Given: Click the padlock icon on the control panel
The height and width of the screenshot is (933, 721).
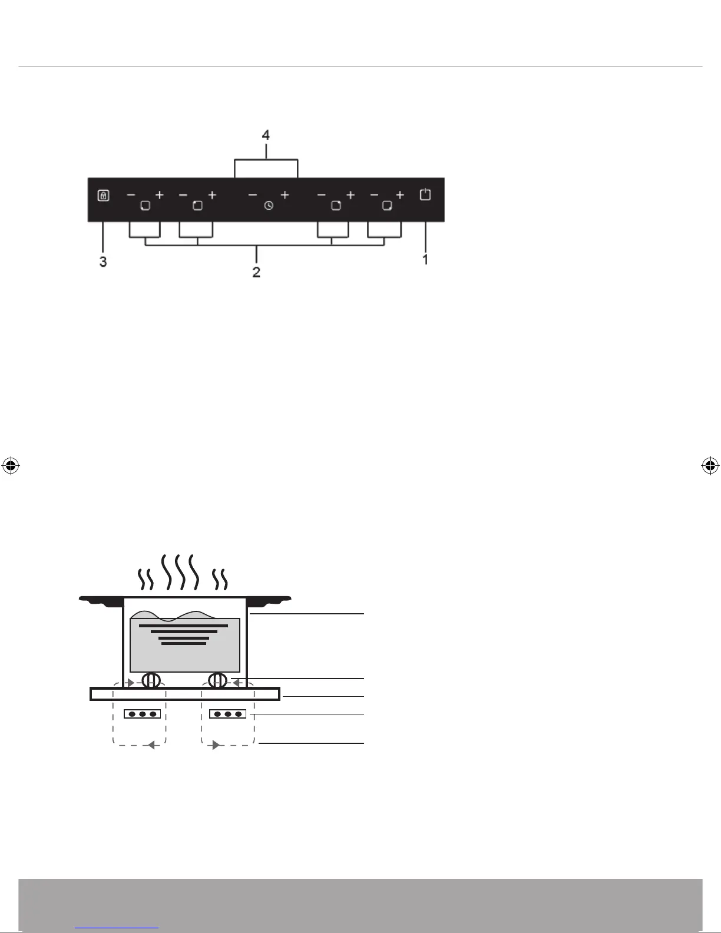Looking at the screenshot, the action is coord(103,196).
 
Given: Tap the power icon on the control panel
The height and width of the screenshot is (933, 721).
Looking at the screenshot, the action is coord(425,194).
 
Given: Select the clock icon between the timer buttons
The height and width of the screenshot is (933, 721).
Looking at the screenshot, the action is coord(269,206).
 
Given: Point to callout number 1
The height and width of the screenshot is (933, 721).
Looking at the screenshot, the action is coord(425,259).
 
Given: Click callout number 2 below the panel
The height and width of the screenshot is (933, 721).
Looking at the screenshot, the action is coord(256,272).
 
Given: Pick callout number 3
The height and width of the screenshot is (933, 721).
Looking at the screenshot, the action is coord(103,262).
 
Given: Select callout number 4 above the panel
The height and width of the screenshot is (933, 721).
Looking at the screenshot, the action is coord(266,135).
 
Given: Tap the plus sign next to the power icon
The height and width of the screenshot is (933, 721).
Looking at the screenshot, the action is coord(400,195).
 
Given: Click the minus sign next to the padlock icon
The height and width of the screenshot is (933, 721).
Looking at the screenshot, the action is coord(131,195).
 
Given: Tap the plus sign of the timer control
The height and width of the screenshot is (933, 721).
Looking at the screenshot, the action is coord(285,195).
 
